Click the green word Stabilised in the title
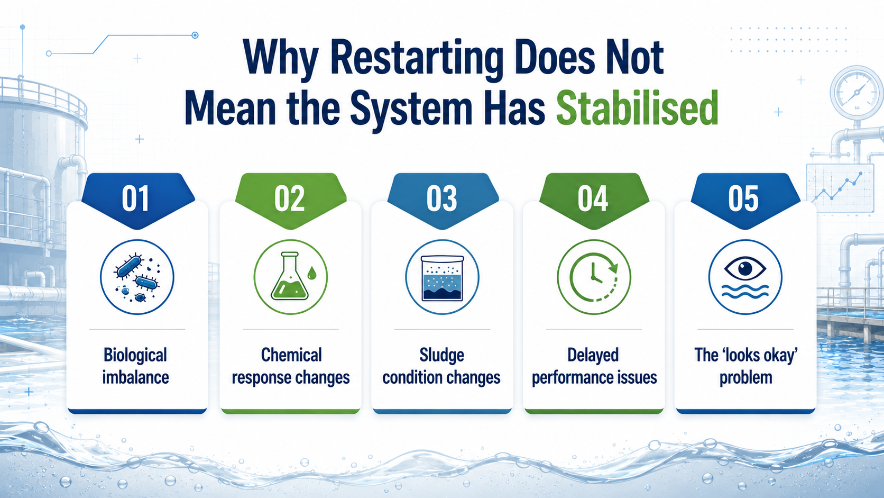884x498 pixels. pos(637,108)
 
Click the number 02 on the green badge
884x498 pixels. pos(290,198)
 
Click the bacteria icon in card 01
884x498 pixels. pos(137,277)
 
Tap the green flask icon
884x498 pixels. pos(290,276)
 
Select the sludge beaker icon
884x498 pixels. pos(442,278)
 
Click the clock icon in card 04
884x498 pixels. pos(594,277)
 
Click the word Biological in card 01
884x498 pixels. pos(135,355)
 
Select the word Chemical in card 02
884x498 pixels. pos(291,355)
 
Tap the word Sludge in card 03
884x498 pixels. pos(441,356)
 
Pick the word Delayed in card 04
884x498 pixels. pos(593,355)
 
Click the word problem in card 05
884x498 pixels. pos(745,378)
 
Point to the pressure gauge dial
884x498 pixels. pos(857,93)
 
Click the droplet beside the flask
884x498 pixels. pos(312,273)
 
